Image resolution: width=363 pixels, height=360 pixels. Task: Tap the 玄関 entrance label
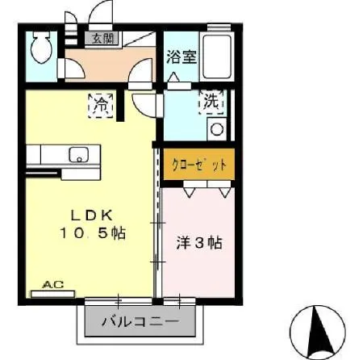click(x=102, y=37)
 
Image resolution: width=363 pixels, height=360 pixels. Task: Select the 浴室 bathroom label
click(x=181, y=57)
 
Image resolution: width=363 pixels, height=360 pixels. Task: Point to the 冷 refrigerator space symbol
click(x=101, y=104)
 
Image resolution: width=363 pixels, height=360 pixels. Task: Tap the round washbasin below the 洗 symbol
click(x=216, y=128)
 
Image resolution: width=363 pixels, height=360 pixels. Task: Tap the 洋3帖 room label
click(x=199, y=241)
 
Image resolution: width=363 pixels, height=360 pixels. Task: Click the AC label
click(x=52, y=284)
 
